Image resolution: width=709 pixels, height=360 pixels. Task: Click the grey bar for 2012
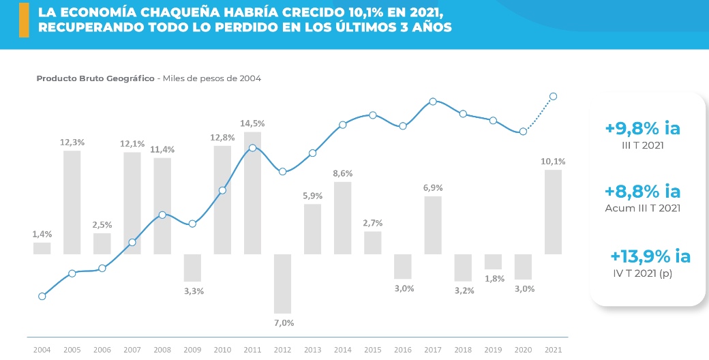pos(283,284)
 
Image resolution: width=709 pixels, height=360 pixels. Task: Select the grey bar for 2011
pos(252,193)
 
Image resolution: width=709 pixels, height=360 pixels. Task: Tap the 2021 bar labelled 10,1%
pos(553,212)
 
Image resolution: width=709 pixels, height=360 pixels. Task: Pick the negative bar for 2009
pos(192,267)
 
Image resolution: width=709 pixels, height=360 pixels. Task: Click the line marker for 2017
pos(433,102)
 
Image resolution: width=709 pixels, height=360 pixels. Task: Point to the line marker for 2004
pos(42,296)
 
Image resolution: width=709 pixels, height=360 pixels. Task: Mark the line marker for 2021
pos(554,96)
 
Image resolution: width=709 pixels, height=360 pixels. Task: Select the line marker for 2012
pos(283,172)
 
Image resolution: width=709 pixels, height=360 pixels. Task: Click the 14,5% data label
pos(252,123)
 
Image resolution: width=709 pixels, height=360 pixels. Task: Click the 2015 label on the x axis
pos(372,350)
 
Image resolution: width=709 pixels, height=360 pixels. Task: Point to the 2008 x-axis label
pos(162,350)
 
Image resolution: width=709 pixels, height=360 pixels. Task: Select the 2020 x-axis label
pos(523,350)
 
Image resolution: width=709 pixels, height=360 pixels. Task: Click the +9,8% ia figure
pos(642,128)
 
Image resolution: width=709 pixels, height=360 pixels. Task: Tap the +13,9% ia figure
pos(650,256)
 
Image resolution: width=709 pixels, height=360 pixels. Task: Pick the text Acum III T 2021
pos(642,208)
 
